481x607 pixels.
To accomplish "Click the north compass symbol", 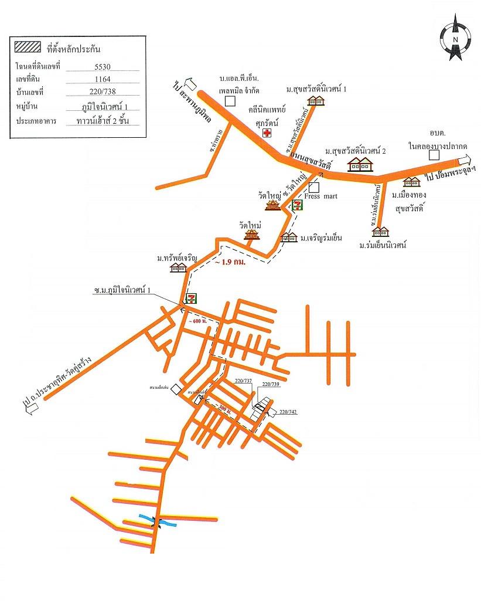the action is click(x=455, y=39).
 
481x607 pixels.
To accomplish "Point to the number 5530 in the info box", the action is click(x=103, y=66).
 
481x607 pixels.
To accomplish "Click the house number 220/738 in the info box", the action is click(x=103, y=92).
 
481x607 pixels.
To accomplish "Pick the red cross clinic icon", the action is click(x=267, y=133).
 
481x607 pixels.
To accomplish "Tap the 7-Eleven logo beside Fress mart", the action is click(x=298, y=205).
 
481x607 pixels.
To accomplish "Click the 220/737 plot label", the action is click(x=243, y=381).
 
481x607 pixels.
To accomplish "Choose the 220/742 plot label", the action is click(x=288, y=413).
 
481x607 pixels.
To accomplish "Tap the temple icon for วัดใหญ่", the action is click(x=274, y=205).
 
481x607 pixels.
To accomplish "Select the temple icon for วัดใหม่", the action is click(x=252, y=235).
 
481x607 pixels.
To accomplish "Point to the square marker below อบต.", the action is click(x=434, y=155).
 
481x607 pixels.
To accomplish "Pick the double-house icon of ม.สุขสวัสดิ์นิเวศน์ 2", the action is click(x=361, y=164).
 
